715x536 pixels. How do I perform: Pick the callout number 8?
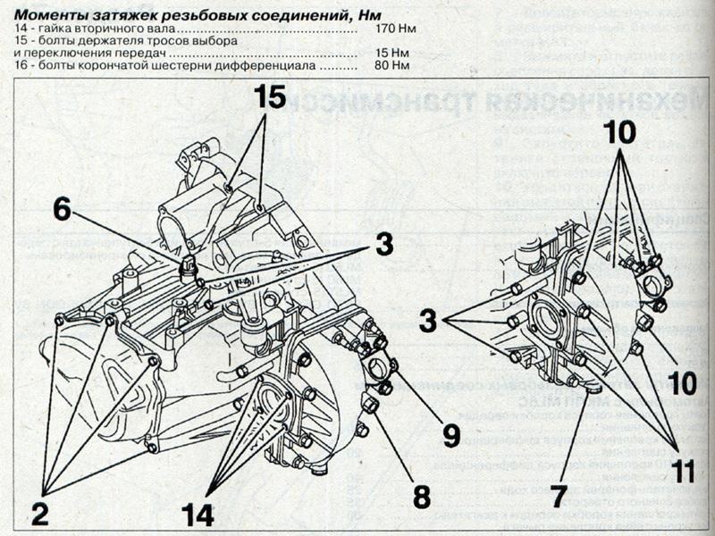pos(420,494)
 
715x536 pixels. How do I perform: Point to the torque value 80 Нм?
pos(391,65)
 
